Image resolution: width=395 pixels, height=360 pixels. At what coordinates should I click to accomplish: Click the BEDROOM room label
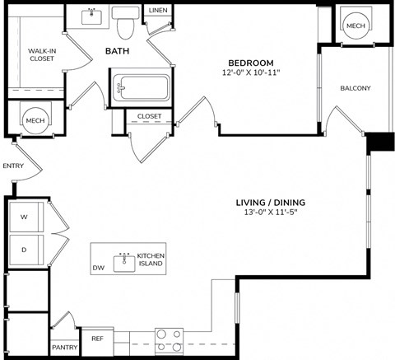coord(251,63)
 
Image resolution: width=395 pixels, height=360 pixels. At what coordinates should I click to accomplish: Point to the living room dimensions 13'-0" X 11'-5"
coord(269,212)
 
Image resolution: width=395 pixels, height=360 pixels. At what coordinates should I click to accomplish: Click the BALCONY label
coord(355,88)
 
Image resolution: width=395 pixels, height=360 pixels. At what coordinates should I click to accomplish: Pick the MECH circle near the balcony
coord(355,26)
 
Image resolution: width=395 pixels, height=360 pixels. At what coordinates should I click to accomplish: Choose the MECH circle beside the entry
coord(34,120)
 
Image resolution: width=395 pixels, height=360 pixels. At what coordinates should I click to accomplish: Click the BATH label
coord(117,52)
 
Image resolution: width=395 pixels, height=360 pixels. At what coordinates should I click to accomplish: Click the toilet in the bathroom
coord(125,25)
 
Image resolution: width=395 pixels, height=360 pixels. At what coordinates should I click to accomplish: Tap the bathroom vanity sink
coord(91,16)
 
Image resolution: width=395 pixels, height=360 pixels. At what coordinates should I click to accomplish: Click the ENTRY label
coord(13,166)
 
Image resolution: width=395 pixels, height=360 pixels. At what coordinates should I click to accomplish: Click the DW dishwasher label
coord(99,268)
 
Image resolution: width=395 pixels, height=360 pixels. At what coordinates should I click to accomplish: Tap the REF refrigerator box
coord(97,339)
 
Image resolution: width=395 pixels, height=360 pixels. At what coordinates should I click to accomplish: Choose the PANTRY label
coord(64,348)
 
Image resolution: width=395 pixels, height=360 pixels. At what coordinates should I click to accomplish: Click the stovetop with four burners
coord(168,340)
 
